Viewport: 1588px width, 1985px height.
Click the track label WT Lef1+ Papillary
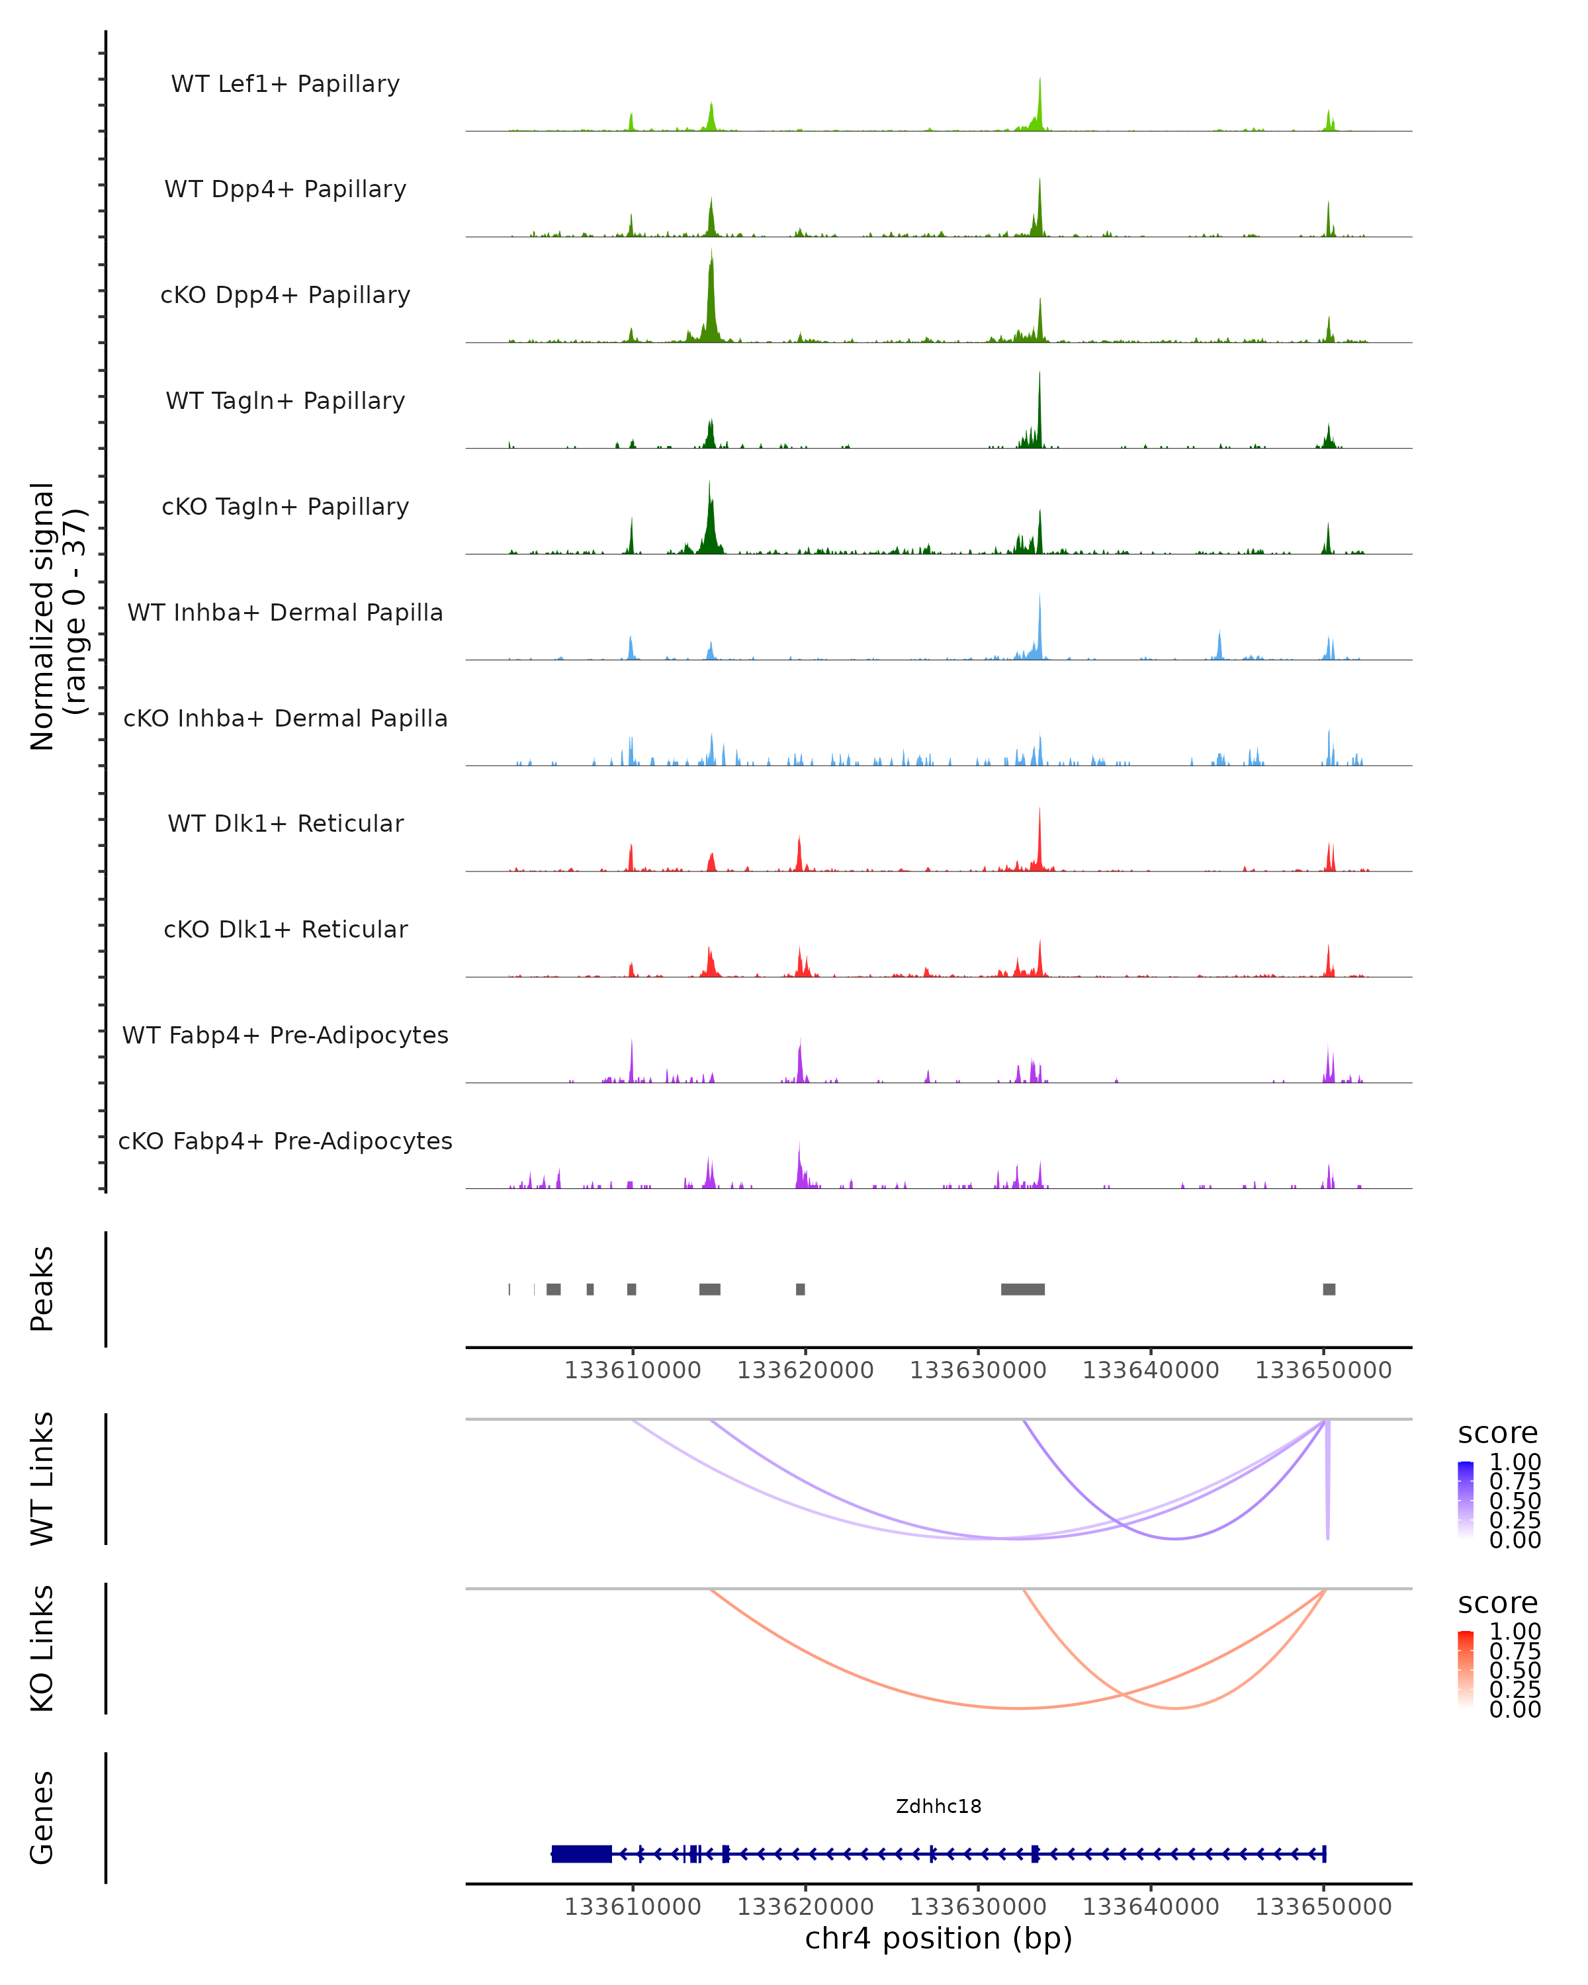(285, 84)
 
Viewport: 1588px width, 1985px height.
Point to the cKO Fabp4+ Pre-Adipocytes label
(285, 1141)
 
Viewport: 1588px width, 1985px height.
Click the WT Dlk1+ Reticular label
(285, 824)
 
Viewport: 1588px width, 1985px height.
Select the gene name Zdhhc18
(938, 1806)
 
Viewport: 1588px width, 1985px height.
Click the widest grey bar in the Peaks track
(1023, 1289)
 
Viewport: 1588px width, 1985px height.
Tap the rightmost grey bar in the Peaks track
(1329, 1289)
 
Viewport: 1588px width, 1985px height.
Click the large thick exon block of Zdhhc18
(582, 1854)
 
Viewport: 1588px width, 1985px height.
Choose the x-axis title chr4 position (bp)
(938, 1938)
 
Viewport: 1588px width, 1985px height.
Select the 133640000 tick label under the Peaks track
(1151, 1370)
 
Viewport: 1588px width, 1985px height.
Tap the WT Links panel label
(42, 1479)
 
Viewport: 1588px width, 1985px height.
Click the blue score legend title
(1498, 1434)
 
